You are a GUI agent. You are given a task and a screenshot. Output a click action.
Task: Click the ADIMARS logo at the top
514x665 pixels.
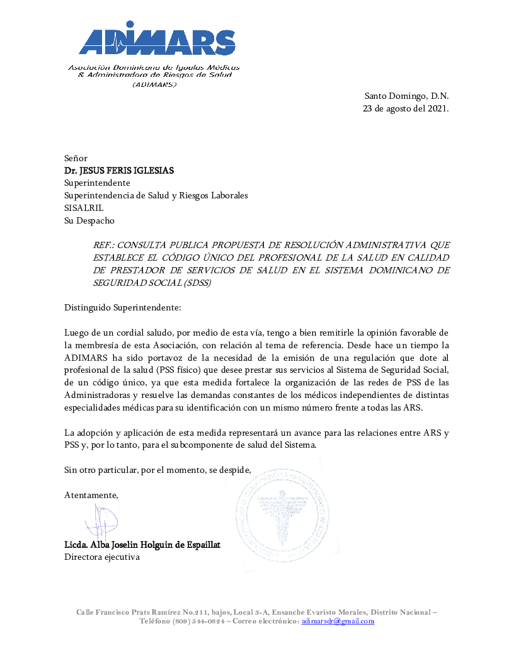tap(157, 42)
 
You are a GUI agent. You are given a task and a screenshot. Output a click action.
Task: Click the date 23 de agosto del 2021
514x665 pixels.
tap(406, 108)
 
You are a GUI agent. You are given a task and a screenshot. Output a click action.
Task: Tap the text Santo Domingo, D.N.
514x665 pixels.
tap(406, 96)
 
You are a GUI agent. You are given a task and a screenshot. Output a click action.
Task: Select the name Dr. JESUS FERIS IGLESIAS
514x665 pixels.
tap(119, 171)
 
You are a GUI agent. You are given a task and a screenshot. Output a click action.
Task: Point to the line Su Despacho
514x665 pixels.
tap(89, 220)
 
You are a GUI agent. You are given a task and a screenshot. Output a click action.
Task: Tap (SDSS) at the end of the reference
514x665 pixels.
tap(199, 283)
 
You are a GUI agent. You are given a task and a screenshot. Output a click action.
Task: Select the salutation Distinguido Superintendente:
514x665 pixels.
tap(123, 307)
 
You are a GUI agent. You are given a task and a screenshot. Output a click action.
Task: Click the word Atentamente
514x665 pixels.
tap(91, 495)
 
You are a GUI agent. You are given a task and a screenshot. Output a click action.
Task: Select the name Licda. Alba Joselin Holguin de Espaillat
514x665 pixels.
tap(142, 545)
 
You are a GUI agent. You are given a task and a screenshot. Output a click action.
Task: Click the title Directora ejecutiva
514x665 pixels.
tap(102, 557)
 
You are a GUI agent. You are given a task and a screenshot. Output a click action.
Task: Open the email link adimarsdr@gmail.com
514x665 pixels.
tap(338, 621)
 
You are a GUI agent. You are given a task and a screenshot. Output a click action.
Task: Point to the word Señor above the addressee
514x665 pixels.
tap(76, 158)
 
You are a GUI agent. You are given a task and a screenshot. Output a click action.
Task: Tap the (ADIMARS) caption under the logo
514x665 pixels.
tap(154, 84)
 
